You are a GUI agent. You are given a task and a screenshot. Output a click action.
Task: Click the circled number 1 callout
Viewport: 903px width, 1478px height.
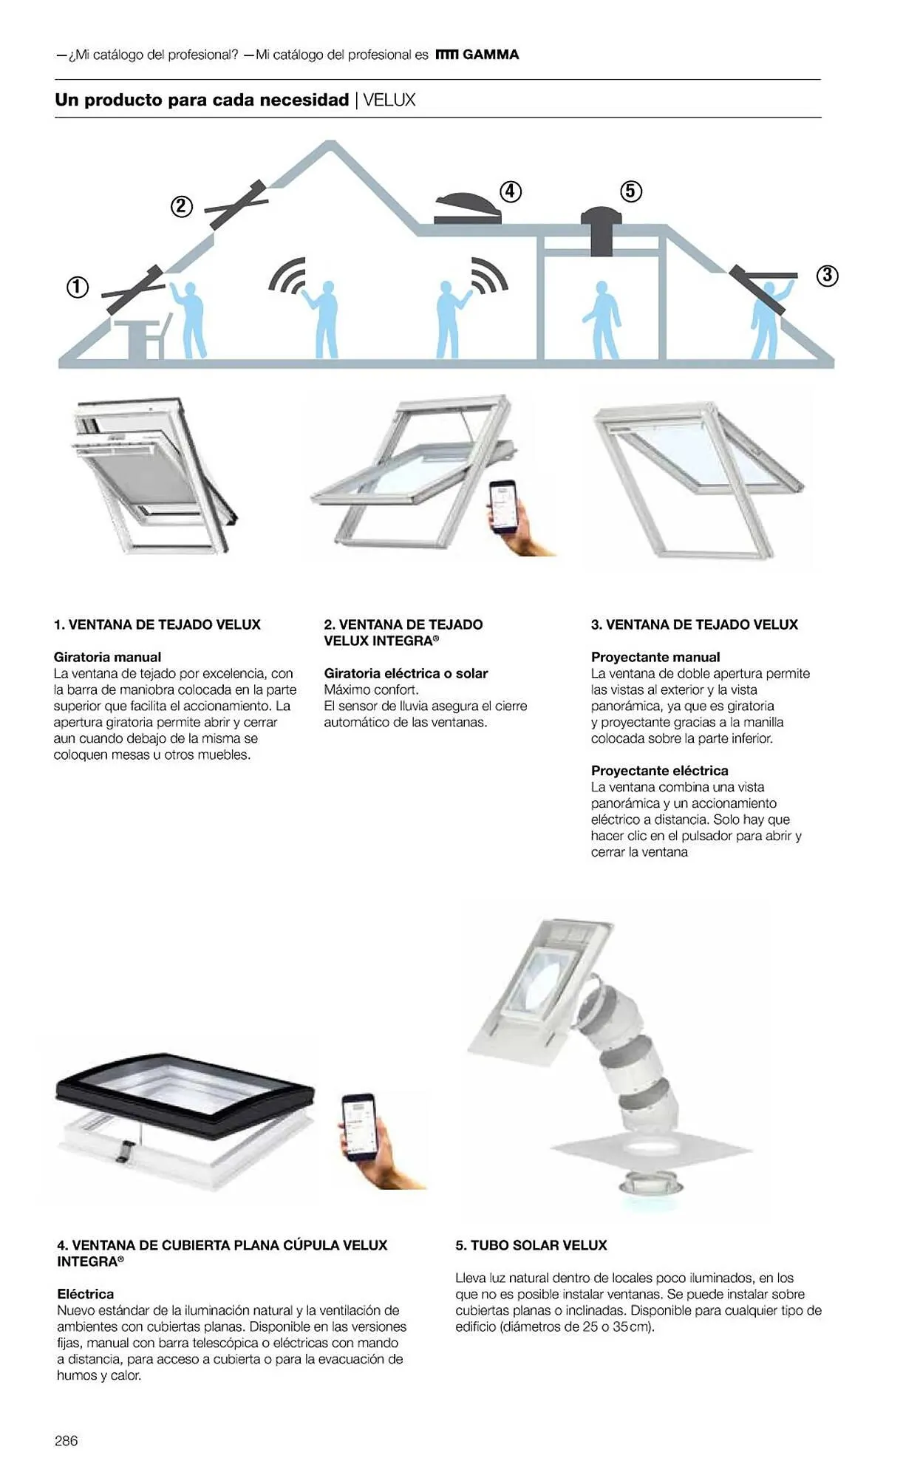pyautogui.click(x=78, y=287)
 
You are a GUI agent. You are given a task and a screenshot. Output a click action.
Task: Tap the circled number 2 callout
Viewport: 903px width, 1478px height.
pyautogui.click(x=182, y=206)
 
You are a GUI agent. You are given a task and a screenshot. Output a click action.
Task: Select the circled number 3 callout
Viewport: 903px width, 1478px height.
pyautogui.click(x=827, y=276)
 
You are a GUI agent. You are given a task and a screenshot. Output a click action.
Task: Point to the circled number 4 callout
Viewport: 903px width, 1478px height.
pyautogui.click(x=511, y=191)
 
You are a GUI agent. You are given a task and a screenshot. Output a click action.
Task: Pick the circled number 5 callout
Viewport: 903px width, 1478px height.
pyautogui.click(x=630, y=191)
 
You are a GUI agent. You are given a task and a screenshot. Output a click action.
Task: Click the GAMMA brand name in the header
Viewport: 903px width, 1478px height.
pyautogui.click(x=491, y=55)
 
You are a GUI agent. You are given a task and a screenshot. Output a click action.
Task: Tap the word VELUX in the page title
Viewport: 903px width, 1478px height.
pyautogui.click(x=389, y=100)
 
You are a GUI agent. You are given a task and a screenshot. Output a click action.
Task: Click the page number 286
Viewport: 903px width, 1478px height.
pyautogui.click(x=66, y=1440)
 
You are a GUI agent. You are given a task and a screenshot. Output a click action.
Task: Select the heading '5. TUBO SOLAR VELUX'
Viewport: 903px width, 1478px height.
pyautogui.click(x=531, y=1245)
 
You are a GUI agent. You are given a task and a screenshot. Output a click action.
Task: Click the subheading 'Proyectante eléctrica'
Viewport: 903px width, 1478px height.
pyautogui.click(x=659, y=771)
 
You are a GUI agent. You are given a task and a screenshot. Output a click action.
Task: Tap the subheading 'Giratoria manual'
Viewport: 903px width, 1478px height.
pyautogui.click(x=107, y=657)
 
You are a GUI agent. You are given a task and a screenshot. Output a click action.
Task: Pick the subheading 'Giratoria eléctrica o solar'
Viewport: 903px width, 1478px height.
pyautogui.click(x=406, y=673)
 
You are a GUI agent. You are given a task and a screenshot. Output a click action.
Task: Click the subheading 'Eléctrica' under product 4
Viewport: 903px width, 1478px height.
pyautogui.click(x=86, y=1294)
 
